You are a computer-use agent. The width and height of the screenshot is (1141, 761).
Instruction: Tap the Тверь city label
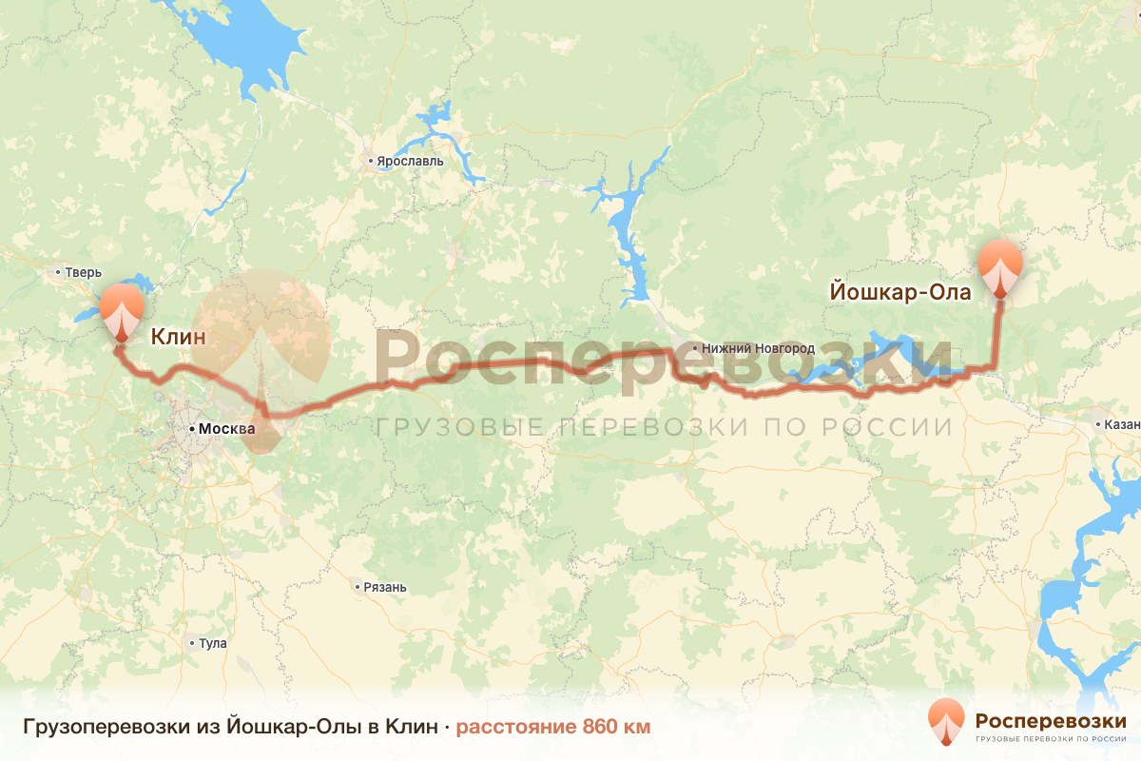pos(82,273)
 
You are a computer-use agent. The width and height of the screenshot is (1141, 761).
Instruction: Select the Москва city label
pos(226,429)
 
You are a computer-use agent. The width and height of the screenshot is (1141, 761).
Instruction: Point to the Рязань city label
pos(385,587)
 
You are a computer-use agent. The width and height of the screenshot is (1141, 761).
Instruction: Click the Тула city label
pos(213,643)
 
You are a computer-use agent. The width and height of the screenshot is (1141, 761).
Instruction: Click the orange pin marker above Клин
pos(121,310)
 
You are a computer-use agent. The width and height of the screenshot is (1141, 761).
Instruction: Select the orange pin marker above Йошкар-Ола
pos(1000,267)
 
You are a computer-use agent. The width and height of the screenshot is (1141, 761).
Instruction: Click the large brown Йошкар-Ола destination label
pos(900,292)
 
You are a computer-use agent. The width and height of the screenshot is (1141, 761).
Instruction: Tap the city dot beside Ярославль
pos(371,162)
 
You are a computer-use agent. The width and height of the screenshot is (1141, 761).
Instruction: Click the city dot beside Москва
pos(191,429)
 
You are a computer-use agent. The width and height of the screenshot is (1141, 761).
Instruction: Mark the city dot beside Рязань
pos(357,587)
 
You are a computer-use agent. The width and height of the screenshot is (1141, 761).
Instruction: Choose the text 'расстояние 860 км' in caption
pos(553,728)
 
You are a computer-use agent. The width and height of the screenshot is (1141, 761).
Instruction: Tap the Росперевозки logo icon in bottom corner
pos(946,721)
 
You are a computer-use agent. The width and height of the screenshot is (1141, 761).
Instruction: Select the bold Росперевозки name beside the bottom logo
pos(1051,720)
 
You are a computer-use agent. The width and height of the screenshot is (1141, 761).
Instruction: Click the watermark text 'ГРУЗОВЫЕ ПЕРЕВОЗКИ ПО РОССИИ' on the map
pos(664,427)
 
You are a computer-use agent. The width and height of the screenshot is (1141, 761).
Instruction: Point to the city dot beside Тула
pos(192,643)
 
